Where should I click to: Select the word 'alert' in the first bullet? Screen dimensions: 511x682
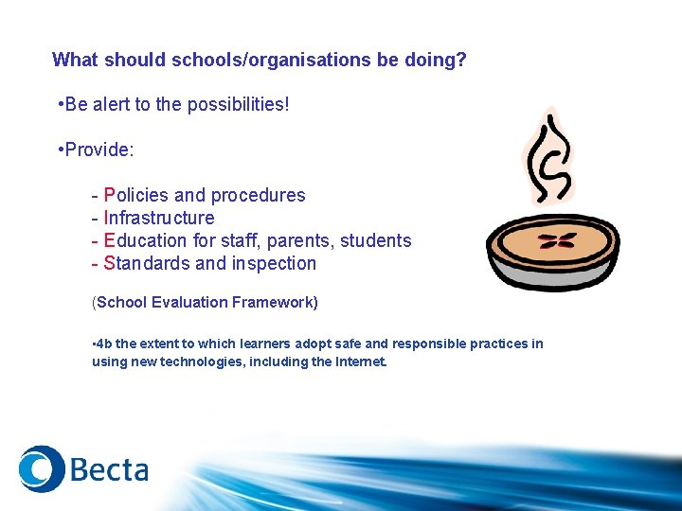coord(109,104)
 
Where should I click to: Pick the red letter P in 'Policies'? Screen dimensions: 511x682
coord(110,195)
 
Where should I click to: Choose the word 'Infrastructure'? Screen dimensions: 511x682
coord(159,218)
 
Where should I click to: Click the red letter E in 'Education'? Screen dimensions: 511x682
coord(110,240)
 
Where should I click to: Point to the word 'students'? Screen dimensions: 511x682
coord(376,240)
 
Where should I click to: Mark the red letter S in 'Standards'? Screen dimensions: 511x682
coord(110,263)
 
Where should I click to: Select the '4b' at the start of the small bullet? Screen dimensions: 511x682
coord(101,344)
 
